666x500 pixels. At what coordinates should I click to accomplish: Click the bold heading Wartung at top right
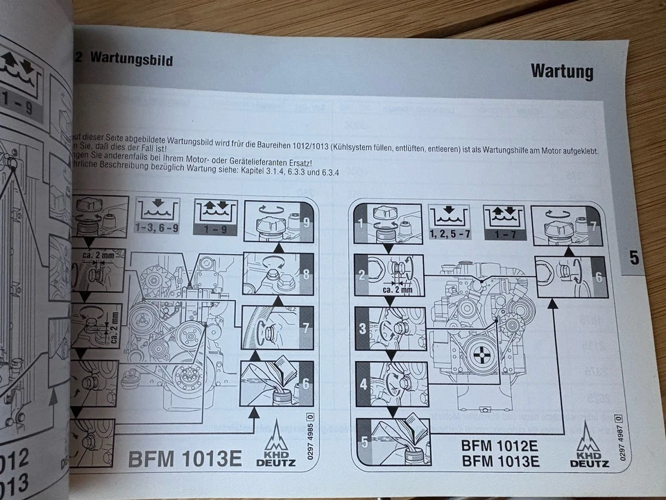click(x=561, y=71)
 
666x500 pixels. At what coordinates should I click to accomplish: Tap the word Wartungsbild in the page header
click(x=131, y=60)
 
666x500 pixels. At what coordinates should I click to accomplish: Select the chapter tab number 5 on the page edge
click(x=634, y=258)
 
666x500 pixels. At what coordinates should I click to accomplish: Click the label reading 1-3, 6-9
click(x=157, y=228)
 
